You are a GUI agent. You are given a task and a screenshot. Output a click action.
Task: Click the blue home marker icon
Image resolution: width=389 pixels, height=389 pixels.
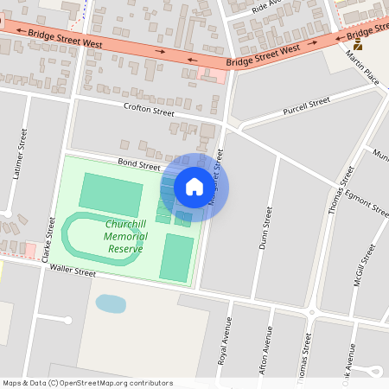pyautogui.click(x=194, y=187)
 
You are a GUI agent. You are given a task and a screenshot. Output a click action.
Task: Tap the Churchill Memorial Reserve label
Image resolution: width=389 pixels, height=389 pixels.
pyautogui.click(x=126, y=236)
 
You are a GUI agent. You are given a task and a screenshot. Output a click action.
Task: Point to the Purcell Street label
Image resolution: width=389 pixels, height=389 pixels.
pyautogui.click(x=307, y=106)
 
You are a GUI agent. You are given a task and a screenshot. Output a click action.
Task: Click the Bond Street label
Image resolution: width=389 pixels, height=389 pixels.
pyautogui.click(x=139, y=164)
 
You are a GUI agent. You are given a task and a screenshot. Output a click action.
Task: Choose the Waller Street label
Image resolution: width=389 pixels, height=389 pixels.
pyautogui.click(x=72, y=271)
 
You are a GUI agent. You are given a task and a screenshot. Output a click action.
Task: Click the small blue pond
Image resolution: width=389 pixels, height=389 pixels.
pyautogui.click(x=110, y=303)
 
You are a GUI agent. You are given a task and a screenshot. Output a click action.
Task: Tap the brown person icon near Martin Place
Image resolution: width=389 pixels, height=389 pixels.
pyautogui.click(x=357, y=44)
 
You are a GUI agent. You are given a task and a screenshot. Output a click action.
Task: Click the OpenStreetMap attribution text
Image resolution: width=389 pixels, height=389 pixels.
pyautogui.click(x=87, y=383)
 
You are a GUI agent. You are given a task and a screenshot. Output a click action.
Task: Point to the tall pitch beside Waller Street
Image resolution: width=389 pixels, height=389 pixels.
pyautogui.click(x=177, y=257)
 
